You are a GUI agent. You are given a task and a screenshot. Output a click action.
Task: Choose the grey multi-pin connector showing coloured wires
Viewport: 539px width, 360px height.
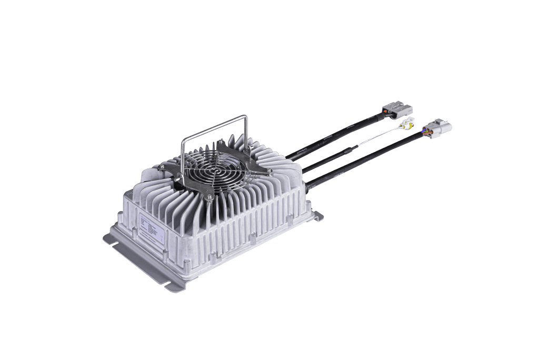[x=438, y=129]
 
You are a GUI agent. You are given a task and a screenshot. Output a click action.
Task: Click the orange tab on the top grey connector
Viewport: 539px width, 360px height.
[x=388, y=112]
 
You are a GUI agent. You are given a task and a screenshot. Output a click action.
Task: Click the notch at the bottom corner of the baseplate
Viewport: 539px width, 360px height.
[x=171, y=286]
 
